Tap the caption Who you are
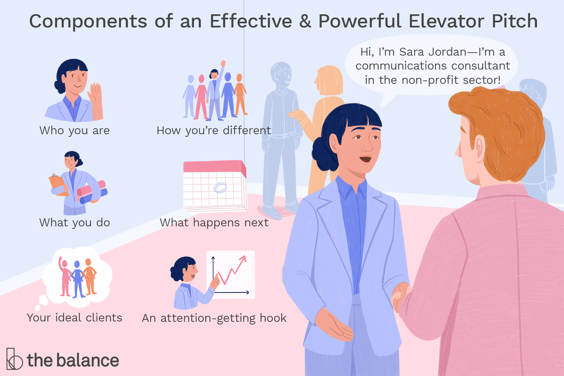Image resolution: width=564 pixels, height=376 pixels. point(74,130)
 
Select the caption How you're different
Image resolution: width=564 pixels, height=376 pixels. point(214,130)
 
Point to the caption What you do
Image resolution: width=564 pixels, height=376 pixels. point(74,222)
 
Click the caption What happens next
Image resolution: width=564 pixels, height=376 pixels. point(214,222)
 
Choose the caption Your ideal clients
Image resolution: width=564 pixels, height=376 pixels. point(74,318)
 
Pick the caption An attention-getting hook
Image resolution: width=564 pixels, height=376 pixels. point(214,318)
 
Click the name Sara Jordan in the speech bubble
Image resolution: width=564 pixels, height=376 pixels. point(432,52)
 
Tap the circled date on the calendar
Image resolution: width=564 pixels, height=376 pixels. point(220,187)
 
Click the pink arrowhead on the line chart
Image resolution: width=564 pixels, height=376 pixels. point(243,258)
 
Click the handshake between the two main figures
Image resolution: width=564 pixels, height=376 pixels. point(401,295)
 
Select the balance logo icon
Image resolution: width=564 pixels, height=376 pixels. point(14,359)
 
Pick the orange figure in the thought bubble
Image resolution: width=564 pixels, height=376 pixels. point(89,276)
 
